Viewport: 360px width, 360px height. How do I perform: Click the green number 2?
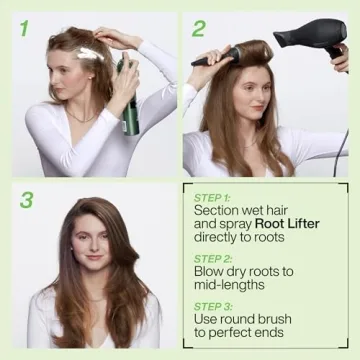click(x=200, y=28)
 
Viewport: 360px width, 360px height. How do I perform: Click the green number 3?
click(x=26, y=199)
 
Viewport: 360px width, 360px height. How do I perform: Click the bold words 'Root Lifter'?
click(x=287, y=224)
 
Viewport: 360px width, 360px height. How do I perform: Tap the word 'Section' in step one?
click(x=217, y=211)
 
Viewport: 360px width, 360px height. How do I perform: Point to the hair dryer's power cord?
click(x=339, y=120)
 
